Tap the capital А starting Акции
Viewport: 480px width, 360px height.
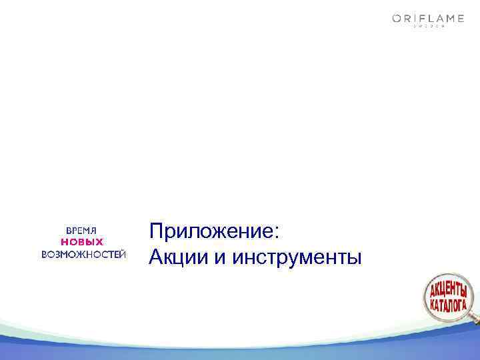tap(157, 255)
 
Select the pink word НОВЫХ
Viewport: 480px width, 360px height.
tap(83, 241)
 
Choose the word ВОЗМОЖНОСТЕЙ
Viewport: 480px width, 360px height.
tap(83, 254)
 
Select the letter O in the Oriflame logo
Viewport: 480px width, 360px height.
tap(396, 19)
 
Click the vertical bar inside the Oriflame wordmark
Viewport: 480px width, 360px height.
tap(416, 19)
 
